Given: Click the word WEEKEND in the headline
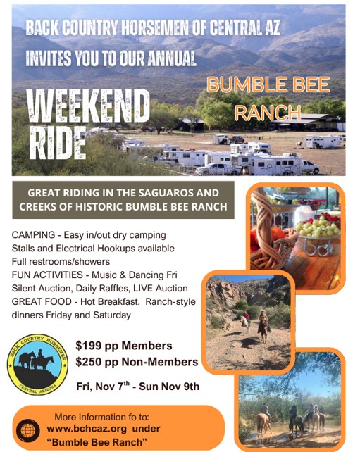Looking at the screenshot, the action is tap(88, 106).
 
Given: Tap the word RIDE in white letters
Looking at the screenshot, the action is tap(58, 143).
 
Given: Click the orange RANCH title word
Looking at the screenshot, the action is tap(268, 113).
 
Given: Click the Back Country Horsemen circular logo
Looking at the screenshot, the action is tap(38, 365).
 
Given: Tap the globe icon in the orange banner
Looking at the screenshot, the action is tap(28, 431).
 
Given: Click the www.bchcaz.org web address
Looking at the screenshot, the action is tap(87, 429).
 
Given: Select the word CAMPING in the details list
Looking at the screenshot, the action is tap(33, 234).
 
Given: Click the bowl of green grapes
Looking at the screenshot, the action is tap(318, 228).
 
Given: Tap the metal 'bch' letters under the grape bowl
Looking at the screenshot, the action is tap(318, 249).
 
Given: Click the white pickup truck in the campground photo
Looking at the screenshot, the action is tap(217, 169).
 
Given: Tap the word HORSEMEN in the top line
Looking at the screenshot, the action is tap(154, 28).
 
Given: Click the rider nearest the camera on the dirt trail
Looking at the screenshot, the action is tap(264, 326).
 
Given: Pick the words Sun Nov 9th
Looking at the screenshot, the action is tap(169, 387).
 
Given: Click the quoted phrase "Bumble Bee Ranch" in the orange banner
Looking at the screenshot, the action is tap(97, 442).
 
